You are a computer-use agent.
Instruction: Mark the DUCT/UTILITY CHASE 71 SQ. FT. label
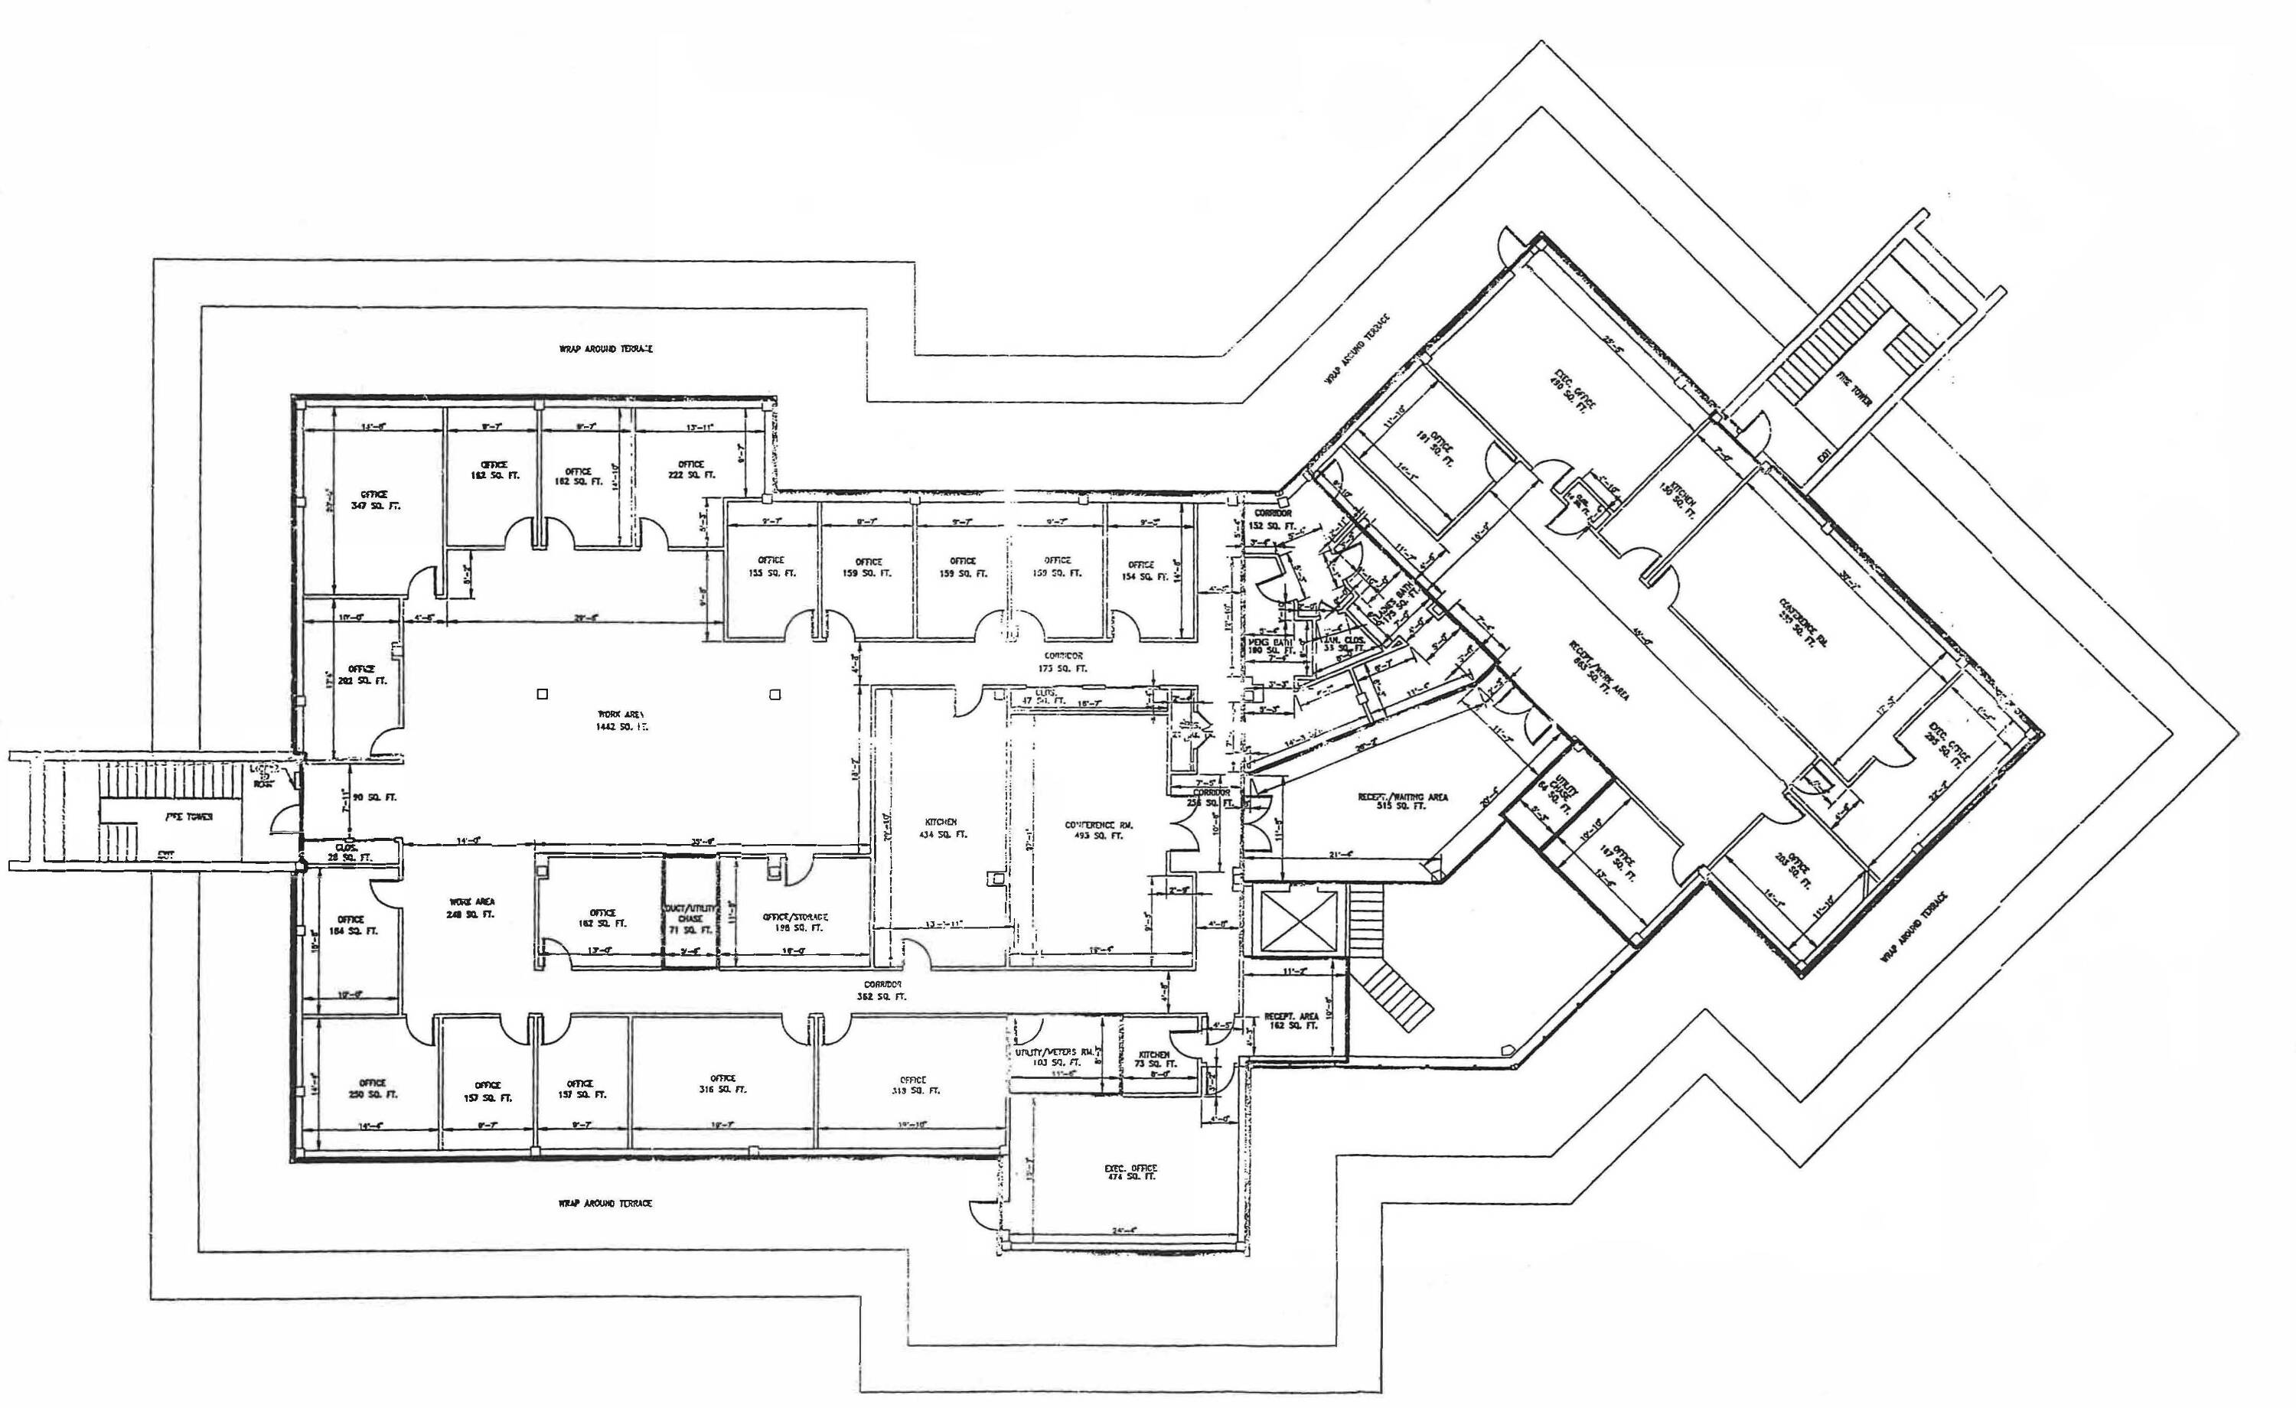pos(690,917)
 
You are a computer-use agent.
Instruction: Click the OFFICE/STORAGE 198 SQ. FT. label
pos(795,921)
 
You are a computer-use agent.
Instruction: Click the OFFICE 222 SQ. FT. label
pos(690,470)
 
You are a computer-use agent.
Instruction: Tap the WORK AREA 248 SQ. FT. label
pos(471,908)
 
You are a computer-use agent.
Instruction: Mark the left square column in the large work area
pos(543,694)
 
